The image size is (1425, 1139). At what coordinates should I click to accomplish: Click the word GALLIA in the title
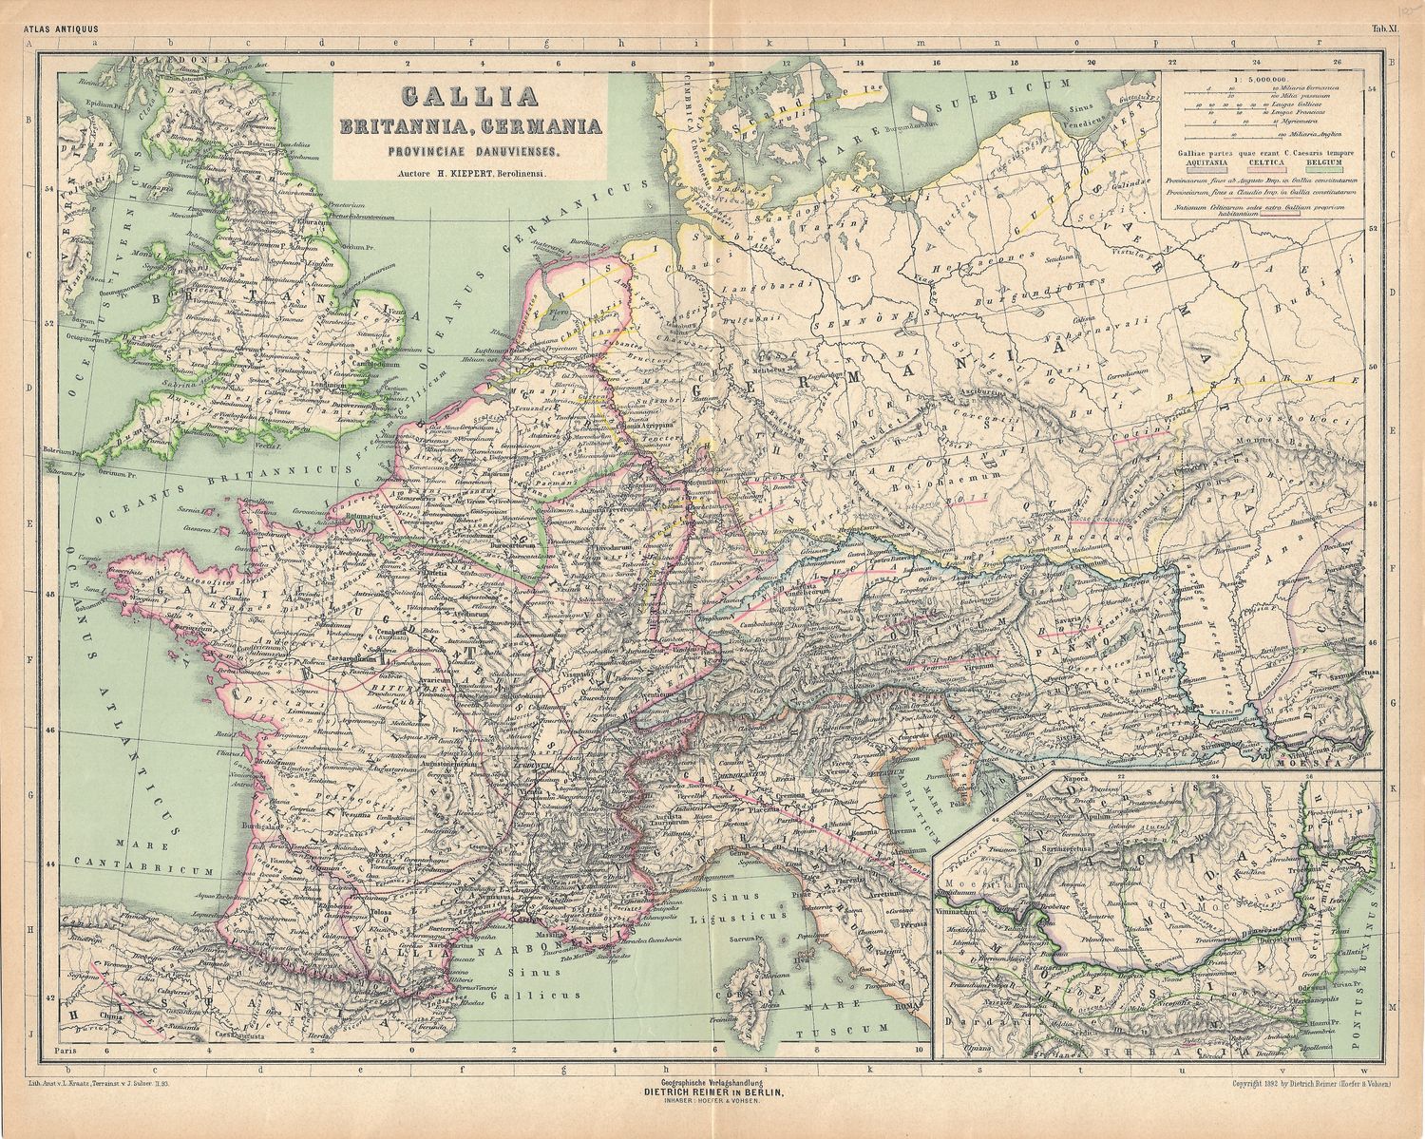[x=470, y=98]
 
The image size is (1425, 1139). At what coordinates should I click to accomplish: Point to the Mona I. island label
[x=146, y=256]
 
